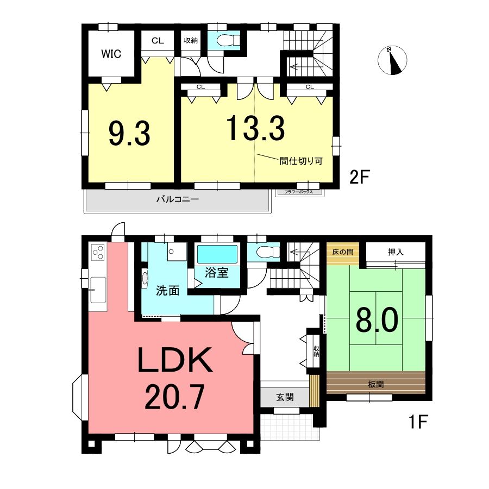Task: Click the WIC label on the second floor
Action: [x=111, y=54]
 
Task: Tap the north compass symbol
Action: [x=392, y=60]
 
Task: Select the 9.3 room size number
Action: [x=129, y=134]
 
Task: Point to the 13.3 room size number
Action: [x=255, y=128]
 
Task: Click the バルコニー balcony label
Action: [x=178, y=199]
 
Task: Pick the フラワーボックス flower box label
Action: [x=298, y=192]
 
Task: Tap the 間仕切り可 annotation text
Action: [x=300, y=161]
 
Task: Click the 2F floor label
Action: [x=359, y=178]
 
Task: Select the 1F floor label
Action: [x=418, y=422]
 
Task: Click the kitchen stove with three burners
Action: [x=98, y=252]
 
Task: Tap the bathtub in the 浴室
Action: [x=217, y=254]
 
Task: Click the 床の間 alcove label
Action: [x=343, y=252]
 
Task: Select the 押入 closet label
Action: [x=396, y=252]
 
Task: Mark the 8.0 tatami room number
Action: [x=377, y=321]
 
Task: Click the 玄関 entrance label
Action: [x=285, y=397]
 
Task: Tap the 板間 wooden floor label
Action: [x=376, y=384]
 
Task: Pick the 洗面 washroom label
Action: [x=168, y=291]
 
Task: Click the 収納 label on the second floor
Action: [x=191, y=40]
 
